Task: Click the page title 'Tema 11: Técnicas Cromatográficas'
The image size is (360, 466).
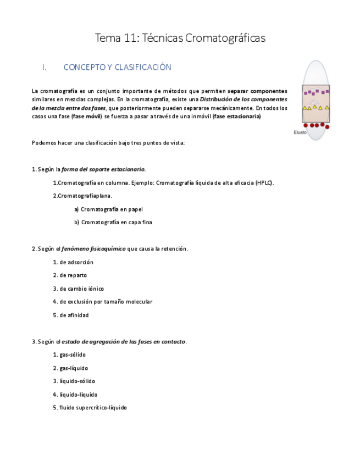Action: [180, 38]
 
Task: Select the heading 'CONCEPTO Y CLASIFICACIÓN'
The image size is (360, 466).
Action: [117, 67]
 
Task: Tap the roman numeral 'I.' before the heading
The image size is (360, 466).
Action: [44, 67]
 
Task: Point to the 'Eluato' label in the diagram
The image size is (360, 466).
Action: [300, 132]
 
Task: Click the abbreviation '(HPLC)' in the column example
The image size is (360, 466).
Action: [264, 182]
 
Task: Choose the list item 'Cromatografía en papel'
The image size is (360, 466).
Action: [112, 209]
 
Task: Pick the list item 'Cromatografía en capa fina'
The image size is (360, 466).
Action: [117, 223]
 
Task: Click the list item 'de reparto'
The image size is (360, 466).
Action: [73, 275]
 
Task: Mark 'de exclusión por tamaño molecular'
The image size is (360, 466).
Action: [106, 302]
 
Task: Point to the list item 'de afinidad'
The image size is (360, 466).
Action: [74, 315]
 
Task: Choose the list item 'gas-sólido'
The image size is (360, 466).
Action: [73, 355]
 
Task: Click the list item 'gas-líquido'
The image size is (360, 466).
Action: [74, 368]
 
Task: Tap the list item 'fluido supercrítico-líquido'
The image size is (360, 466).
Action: [93, 408]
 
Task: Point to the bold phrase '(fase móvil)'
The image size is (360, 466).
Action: [86, 116]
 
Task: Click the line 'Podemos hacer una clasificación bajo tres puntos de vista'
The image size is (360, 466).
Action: [108, 143]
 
